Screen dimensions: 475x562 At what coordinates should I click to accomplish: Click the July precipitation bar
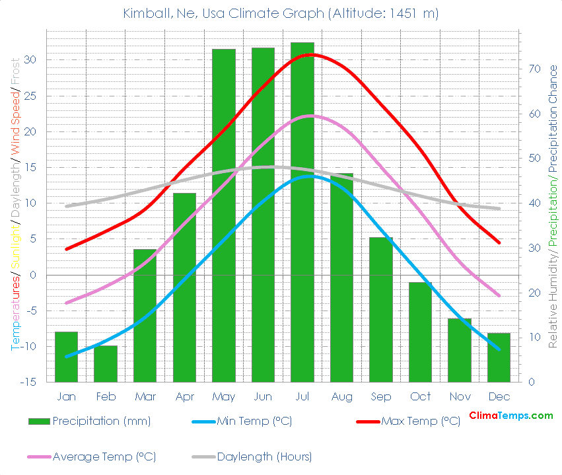pyautogui.click(x=302, y=211)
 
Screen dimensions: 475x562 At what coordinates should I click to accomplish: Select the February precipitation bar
pyautogui.click(x=106, y=363)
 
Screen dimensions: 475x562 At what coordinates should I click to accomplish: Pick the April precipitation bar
pyautogui.click(x=184, y=287)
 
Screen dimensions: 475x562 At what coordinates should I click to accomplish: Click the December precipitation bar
pyautogui.click(x=499, y=357)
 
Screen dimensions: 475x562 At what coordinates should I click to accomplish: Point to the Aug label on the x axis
pyautogui.click(x=341, y=396)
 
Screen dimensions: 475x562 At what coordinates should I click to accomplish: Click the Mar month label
pyautogui.click(x=145, y=396)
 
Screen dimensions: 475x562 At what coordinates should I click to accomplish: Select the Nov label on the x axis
pyautogui.click(x=460, y=396)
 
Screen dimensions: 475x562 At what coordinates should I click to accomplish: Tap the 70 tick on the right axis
pyautogui.click(x=529, y=69)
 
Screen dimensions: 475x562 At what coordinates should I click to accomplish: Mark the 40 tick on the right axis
pyautogui.click(x=529, y=203)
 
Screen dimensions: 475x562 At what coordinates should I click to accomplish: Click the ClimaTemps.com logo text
pyautogui.click(x=511, y=416)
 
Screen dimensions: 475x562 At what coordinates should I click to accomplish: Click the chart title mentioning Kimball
pyautogui.click(x=281, y=13)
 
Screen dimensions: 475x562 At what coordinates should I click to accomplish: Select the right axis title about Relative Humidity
pyautogui.click(x=553, y=205)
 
